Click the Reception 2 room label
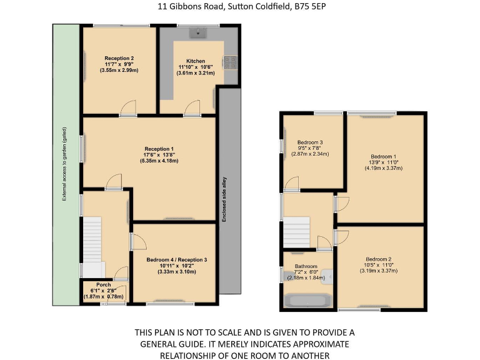point(119,58)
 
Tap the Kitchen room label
point(196,61)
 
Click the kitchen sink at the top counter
point(201,31)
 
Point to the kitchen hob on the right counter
point(229,61)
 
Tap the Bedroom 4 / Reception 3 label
point(177,259)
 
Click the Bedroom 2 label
point(379,259)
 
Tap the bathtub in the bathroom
point(309,301)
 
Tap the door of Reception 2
point(127,109)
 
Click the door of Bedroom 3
point(291,182)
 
